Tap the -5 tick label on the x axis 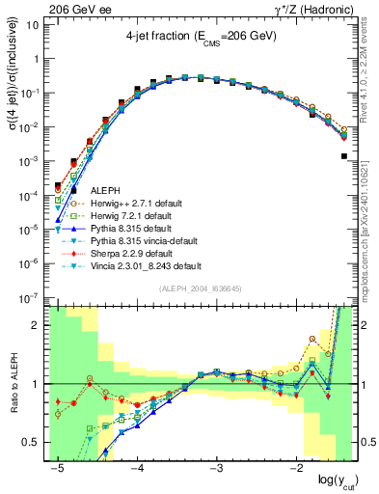pos(58,467)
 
